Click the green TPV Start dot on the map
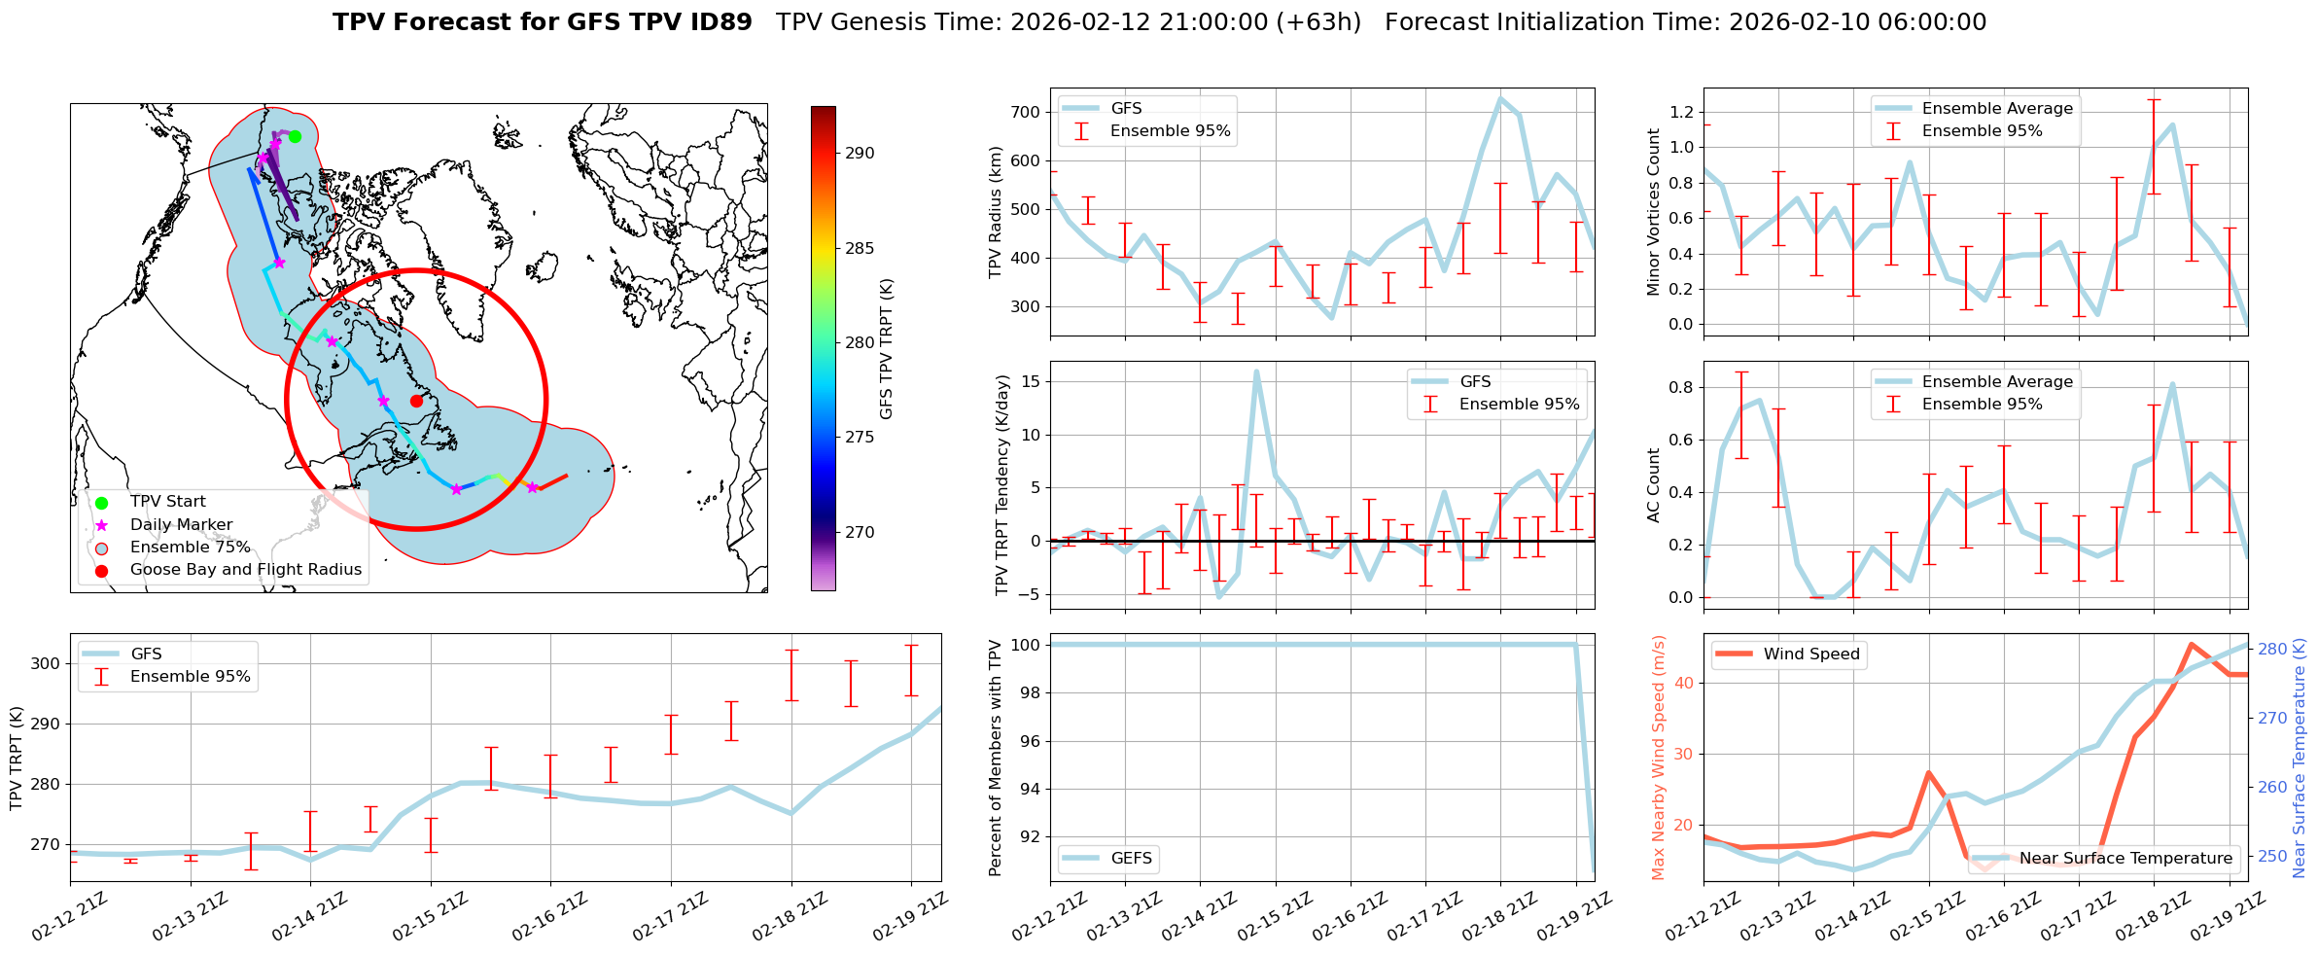point(295,136)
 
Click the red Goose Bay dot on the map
point(416,401)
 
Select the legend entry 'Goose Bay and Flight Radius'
point(245,570)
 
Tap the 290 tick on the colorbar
point(860,153)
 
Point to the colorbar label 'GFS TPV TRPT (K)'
point(886,349)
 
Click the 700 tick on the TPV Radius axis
point(1027,112)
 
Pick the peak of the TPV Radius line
point(1500,98)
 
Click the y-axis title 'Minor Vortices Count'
point(1654,212)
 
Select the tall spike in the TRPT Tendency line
point(1256,371)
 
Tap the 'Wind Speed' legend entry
point(1810,654)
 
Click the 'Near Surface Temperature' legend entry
point(2125,859)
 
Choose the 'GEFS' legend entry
point(1131,859)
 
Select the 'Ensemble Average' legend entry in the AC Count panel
point(1996,382)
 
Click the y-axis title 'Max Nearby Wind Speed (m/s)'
point(1659,758)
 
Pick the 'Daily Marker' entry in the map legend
point(181,525)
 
